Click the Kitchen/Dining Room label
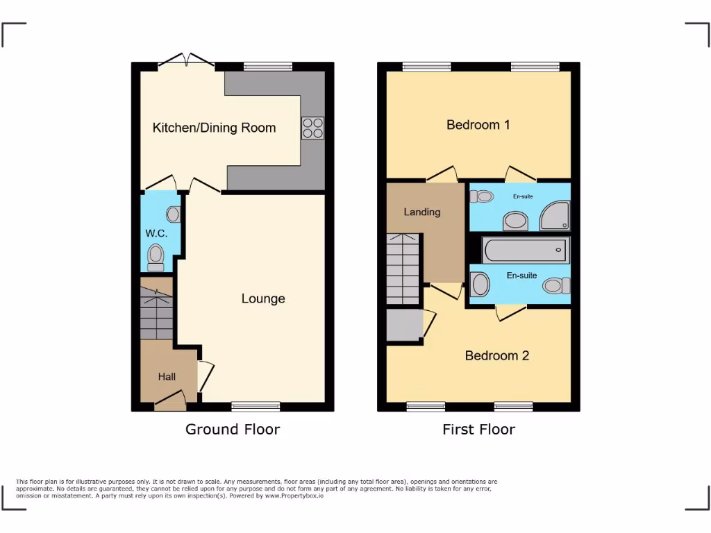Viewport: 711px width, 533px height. point(214,128)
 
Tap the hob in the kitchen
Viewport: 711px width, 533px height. point(312,128)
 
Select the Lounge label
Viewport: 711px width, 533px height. point(263,299)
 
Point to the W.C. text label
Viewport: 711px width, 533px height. point(156,234)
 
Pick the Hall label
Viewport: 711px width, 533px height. point(167,377)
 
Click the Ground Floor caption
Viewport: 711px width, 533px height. point(233,430)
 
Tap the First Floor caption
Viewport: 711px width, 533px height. point(478,430)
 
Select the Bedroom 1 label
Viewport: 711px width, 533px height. point(478,125)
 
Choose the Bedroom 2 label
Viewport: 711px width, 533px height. point(497,355)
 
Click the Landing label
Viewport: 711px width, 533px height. point(422,212)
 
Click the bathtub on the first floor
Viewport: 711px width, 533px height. point(526,250)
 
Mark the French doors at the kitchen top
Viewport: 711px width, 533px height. point(185,62)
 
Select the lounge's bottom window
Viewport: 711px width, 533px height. point(256,407)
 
